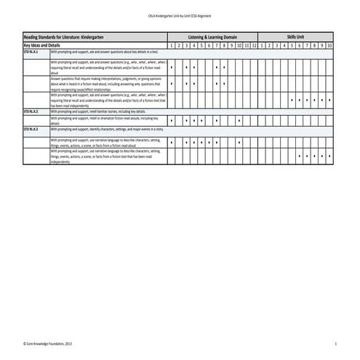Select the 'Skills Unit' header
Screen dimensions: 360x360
coord(295,36)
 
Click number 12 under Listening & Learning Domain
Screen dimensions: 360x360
coord(255,44)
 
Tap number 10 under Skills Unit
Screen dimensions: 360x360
coord(329,44)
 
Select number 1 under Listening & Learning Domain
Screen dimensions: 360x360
coord(171,44)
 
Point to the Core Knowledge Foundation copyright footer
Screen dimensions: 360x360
coord(48,343)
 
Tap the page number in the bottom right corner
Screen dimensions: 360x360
coord(335,343)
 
